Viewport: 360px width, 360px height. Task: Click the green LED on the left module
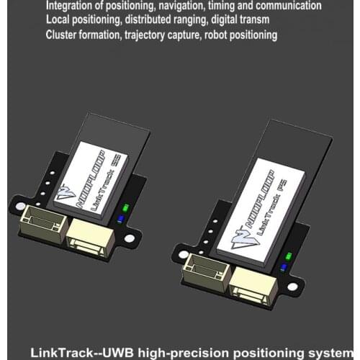pyautogui.click(x=125, y=207)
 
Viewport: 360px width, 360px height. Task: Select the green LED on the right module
pyautogui.click(x=288, y=256)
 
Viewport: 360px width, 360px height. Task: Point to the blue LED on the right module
pyautogui.click(x=284, y=266)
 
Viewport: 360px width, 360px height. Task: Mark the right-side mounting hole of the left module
pyautogui.click(x=130, y=238)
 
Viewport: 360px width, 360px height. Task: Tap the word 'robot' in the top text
pyautogui.click(x=228, y=35)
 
